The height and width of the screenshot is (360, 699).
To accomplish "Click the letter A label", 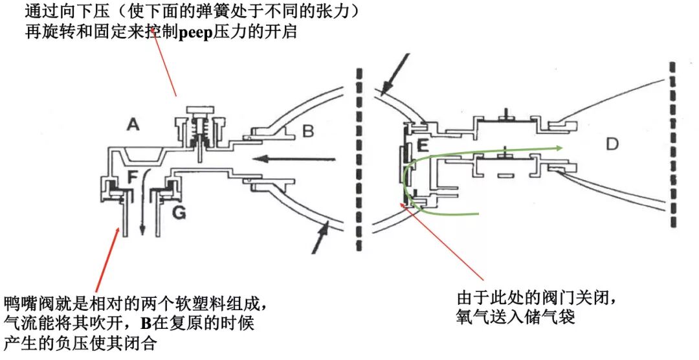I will click(133, 125).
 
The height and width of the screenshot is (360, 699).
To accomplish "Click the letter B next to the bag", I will click(308, 132).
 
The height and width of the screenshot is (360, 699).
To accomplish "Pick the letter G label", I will click(179, 212).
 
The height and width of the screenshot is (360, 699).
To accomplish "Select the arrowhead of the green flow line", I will click(558, 148).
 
